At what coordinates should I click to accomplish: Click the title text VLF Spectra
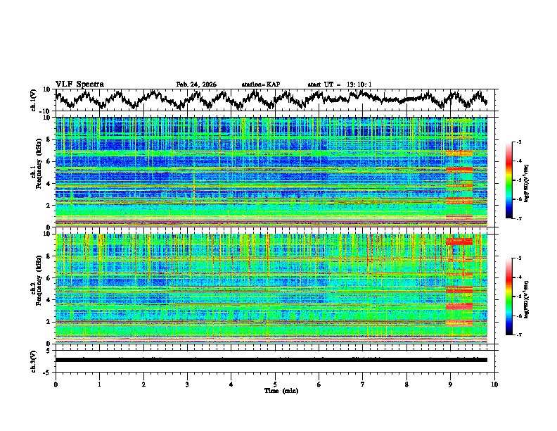[79, 85]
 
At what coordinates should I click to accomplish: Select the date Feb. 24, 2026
[196, 85]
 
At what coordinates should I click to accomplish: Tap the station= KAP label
[261, 85]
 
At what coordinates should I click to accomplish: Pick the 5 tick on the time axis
[275, 384]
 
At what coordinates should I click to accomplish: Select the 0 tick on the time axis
[56, 384]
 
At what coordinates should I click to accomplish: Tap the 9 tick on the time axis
[451, 384]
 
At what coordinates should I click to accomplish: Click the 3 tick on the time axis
[187, 384]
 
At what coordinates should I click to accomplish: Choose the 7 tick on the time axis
[363, 384]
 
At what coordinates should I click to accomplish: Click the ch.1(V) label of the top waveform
[34, 100]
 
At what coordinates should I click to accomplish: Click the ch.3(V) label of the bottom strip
[34, 360]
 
